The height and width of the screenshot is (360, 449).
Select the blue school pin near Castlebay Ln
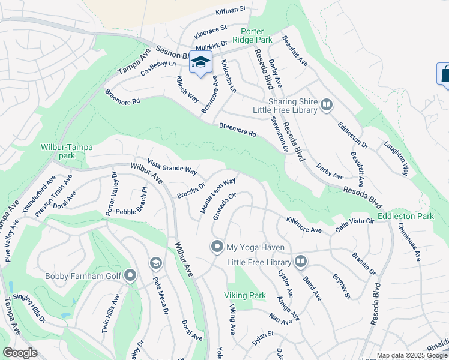tap(201, 62)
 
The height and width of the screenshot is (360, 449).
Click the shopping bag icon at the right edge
tap(444, 74)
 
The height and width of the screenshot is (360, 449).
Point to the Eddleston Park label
tap(406, 215)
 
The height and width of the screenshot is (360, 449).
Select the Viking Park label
tap(244, 295)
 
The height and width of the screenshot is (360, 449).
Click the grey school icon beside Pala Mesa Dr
tap(156, 263)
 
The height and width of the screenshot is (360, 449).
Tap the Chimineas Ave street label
tap(411, 242)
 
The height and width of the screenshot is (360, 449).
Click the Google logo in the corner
tap(20, 353)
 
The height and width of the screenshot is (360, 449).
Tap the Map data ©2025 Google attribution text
tap(411, 355)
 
